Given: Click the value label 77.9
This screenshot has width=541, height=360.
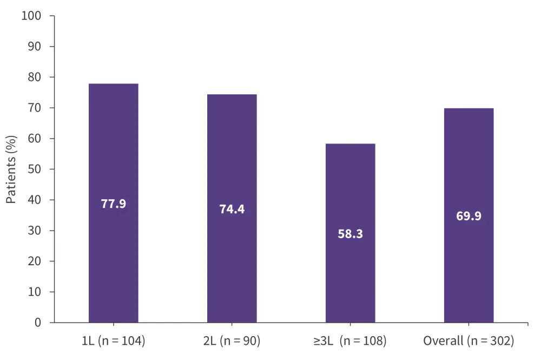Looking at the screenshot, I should click(x=113, y=204).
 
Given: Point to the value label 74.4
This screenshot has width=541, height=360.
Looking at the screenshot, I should click(x=232, y=210).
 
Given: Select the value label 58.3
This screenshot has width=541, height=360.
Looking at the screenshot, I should click(x=350, y=234).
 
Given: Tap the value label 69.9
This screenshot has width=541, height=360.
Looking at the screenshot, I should click(x=469, y=217).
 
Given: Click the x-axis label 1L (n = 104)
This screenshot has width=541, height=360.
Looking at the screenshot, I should click(x=113, y=341).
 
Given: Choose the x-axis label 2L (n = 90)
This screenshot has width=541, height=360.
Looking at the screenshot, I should click(x=232, y=341).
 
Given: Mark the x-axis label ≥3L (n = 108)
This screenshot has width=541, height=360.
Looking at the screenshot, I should click(x=350, y=341).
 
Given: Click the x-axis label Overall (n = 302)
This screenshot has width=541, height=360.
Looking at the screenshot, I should click(x=469, y=341).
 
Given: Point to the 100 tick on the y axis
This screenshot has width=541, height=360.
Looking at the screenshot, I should click(x=31, y=16).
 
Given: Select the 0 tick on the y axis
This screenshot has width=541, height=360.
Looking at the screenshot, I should click(x=38, y=323).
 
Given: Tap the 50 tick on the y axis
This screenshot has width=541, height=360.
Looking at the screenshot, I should click(x=35, y=169).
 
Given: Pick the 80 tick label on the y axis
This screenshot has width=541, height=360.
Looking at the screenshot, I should click(x=35, y=77).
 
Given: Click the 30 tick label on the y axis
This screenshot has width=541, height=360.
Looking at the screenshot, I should click(x=35, y=231).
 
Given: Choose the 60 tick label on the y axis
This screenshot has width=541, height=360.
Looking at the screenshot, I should click(x=35, y=139).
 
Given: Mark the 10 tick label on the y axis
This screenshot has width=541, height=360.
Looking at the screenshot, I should click(x=35, y=292).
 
